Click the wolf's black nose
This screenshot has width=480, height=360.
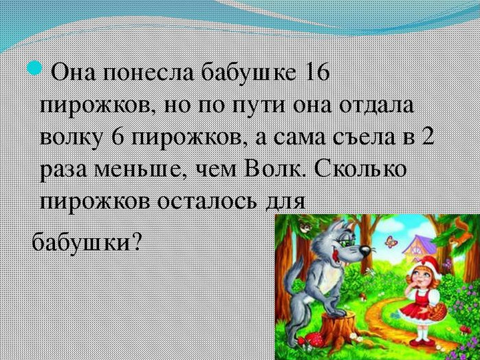365,251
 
